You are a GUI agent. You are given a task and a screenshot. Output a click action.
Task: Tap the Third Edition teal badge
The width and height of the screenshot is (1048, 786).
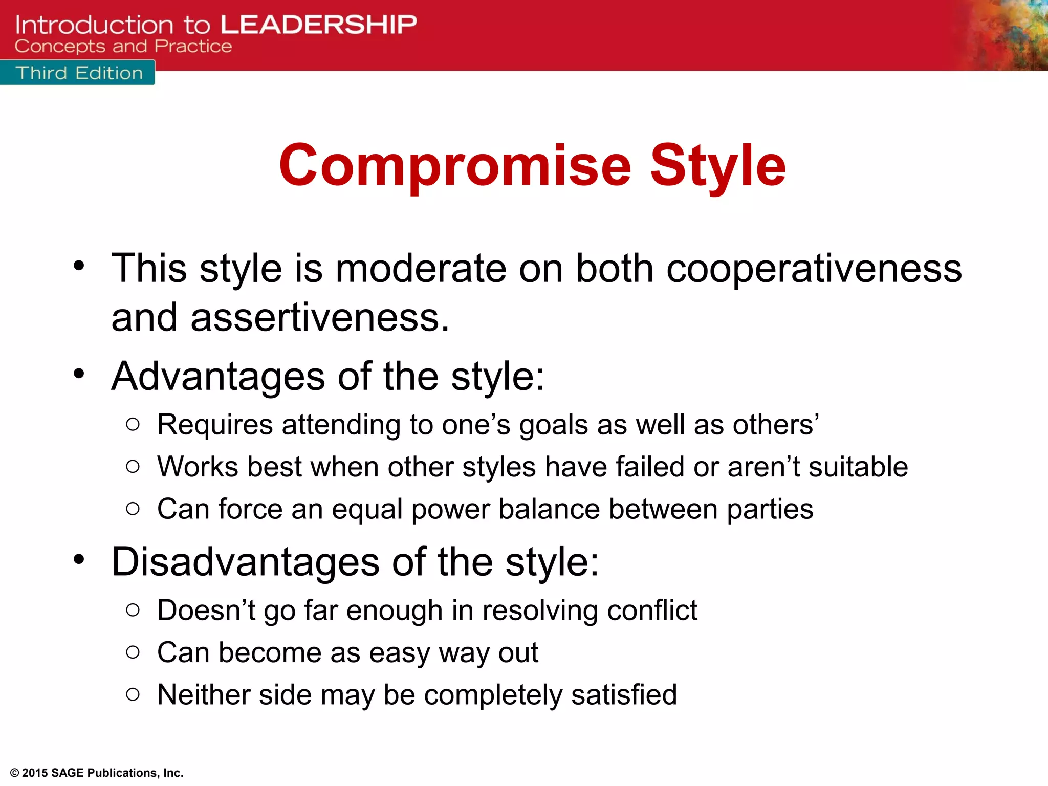(78, 73)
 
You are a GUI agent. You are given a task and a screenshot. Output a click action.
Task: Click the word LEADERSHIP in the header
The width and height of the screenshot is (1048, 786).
(318, 25)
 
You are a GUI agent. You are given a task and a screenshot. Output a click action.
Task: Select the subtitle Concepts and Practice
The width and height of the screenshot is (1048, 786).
(123, 47)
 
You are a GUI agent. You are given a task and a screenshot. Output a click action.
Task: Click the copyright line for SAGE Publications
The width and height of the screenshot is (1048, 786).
(97, 773)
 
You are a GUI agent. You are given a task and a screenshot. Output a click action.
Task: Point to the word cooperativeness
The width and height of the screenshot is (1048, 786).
(814, 269)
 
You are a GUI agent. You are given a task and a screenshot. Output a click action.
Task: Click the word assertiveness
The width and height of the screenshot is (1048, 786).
(320, 318)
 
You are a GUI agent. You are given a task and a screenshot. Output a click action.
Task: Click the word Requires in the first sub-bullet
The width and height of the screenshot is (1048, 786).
(215, 425)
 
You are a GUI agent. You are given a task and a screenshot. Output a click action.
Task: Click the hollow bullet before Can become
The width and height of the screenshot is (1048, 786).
(133, 652)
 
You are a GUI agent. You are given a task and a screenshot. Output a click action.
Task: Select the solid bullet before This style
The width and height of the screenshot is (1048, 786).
(78, 266)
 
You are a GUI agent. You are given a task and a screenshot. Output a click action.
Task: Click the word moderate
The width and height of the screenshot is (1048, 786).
(421, 269)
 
